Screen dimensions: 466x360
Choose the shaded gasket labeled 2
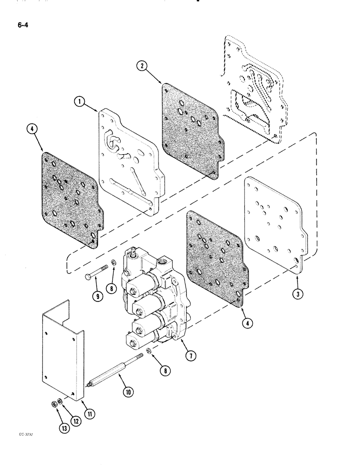click(189, 126)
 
